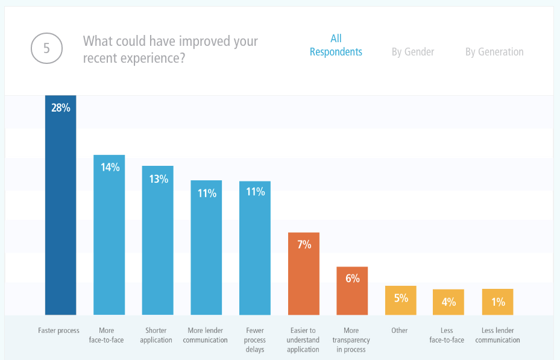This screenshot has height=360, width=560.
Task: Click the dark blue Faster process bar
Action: click(x=61, y=205)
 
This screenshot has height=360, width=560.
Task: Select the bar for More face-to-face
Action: click(x=109, y=235)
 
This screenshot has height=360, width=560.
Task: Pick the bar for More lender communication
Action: click(x=207, y=247)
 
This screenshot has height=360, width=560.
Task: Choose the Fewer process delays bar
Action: click(x=255, y=248)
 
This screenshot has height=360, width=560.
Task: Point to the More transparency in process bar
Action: click(x=352, y=291)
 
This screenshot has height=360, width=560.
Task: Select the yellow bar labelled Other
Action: click(x=401, y=300)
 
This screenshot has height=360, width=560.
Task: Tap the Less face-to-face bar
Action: click(x=448, y=302)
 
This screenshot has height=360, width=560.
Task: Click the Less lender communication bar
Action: click(x=497, y=302)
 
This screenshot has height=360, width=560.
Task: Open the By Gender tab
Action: click(x=413, y=52)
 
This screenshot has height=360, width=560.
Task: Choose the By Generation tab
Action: click(x=494, y=52)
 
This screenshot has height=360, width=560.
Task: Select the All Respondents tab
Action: click(x=336, y=45)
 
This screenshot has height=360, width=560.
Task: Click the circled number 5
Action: click(x=47, y=48)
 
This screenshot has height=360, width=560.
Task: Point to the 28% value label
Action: click(x=61, y=109)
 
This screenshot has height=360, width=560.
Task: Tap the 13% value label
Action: click(x=159, y=179)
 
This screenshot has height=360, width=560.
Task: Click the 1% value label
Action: click(x=498, y=302)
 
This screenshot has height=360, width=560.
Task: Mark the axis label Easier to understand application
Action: click(x=303, y=340)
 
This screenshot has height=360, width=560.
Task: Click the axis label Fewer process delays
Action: click(x=255, y=340)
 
